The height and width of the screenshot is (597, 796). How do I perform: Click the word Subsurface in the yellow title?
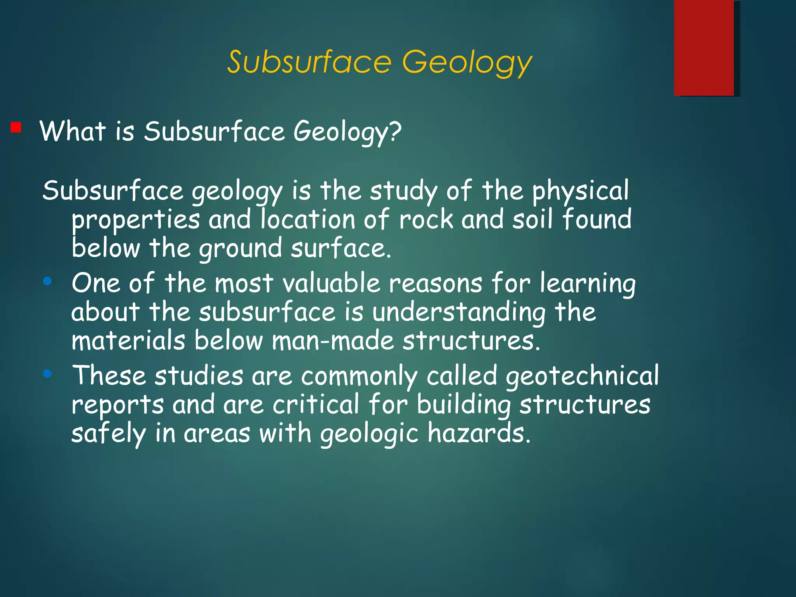point(309,62)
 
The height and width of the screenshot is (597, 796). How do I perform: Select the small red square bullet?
point(16,127)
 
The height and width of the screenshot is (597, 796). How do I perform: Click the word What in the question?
point(73,131)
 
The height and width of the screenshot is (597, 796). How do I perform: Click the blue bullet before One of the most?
point(47,281)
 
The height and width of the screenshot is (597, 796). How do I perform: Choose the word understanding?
point(459,312)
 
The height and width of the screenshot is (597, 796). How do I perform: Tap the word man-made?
point(333,341)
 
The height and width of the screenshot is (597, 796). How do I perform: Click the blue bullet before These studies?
point(47,374)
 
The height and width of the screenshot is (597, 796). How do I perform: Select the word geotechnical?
point(582,376)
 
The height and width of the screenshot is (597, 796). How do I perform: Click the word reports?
point(117,405)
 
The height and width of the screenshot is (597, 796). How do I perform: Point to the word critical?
point(316,405)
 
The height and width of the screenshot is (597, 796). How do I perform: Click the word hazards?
point(479,433)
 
